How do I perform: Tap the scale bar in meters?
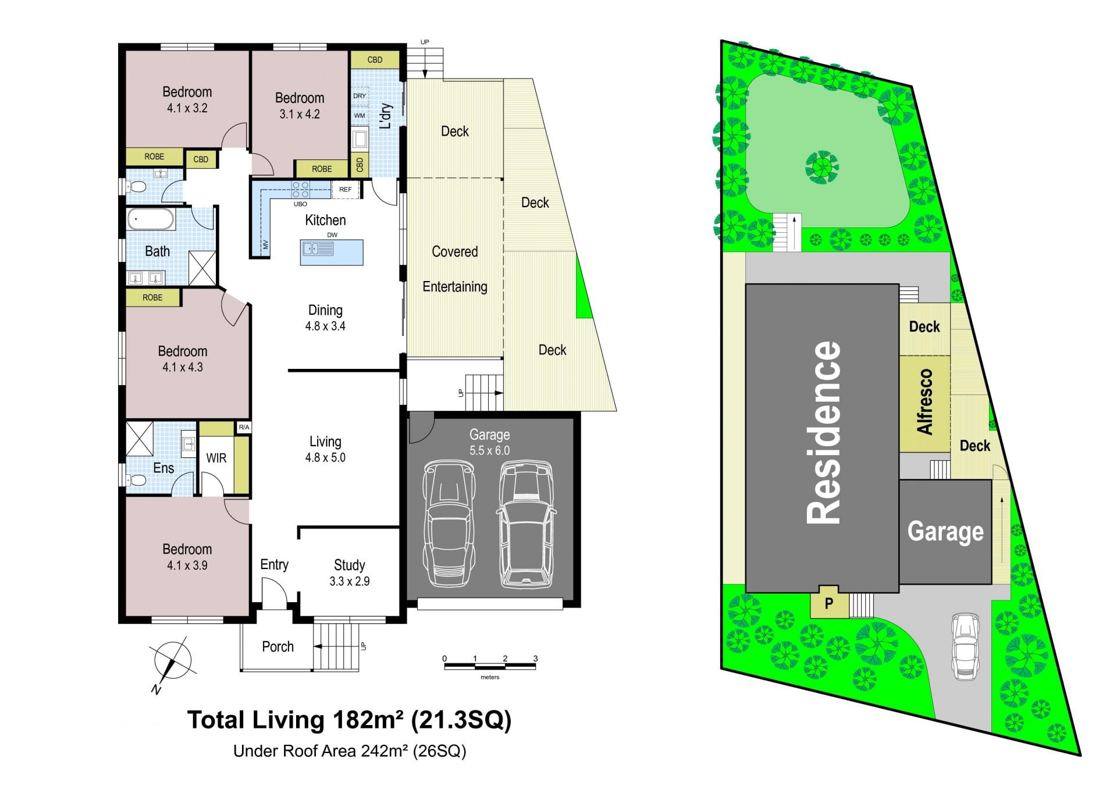click(490, 665)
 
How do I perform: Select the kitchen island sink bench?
click(332, 253)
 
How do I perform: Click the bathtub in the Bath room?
click(150, 220)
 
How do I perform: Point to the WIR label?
click(216, 458)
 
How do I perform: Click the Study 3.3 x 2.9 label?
click(349, 573)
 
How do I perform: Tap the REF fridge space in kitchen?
click(346, 190)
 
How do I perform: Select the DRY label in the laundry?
click(360, 96)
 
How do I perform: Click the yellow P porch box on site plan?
click(829, 602)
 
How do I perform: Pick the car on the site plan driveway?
click(965, 646)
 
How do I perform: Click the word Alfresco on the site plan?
click(925, 401)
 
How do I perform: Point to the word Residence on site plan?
click(824, 432)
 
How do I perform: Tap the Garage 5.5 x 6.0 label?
click(490, 442)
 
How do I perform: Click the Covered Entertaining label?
click(455, 269)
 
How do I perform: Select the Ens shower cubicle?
click(140, 439)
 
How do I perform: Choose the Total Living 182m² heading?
click(349, 720)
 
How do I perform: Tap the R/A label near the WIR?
click(244, 427)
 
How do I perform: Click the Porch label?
click(278, 646)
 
